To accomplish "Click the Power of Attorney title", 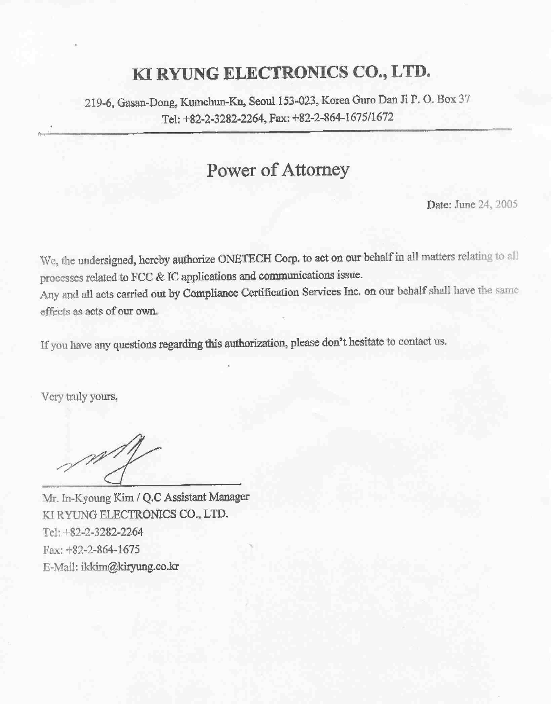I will [x=278, y=170].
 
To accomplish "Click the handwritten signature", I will [x=111, y=459].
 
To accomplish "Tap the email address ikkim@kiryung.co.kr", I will [x=130, y=567].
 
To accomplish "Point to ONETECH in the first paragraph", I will [x=244, y=259].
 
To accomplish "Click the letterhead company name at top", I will [x=281, y=73].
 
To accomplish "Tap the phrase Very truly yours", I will [x=79, y=397].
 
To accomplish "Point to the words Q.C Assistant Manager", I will [x=196, y=497].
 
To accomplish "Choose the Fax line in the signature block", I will [x=91, y=550].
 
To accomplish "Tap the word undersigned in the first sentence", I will [x=107, y=260].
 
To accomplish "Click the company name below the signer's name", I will [x=135, y=514].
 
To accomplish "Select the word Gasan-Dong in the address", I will [x=147, y=102].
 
